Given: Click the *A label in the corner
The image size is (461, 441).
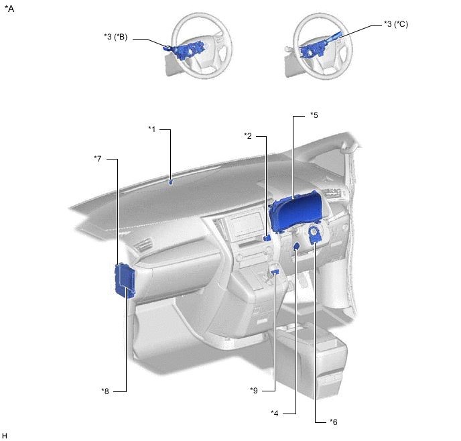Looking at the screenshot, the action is [9, 9].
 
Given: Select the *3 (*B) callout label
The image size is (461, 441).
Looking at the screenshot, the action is [115, 37].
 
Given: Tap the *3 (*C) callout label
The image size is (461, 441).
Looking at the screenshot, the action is [396, 24].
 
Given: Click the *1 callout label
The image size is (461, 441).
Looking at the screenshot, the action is [151, 129].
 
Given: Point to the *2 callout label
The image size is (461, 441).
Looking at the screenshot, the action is [248, 136].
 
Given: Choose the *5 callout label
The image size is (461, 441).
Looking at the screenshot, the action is [314, 115].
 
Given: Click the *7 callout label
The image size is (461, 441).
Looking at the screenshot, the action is [98, 159].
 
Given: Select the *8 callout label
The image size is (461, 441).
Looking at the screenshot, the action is [105, 391].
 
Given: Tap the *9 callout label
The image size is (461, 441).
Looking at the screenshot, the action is [254, 391].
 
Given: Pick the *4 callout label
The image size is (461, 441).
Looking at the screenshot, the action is [274, 414].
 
